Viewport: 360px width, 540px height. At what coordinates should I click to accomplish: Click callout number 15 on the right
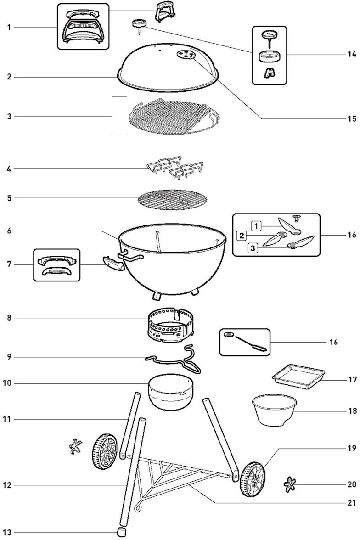tap(351, 119)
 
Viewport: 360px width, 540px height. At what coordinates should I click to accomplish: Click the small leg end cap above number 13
tap(122, 532)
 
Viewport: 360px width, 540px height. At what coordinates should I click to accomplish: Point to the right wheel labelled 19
tap(252, 479)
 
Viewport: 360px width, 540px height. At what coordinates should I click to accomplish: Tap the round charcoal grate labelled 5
tap(172, 199)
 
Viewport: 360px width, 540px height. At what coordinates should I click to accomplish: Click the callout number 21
tap(351, 503)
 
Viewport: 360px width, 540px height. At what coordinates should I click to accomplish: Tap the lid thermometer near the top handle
tap(138, 23)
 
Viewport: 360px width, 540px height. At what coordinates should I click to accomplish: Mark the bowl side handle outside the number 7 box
tap(113, 264)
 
